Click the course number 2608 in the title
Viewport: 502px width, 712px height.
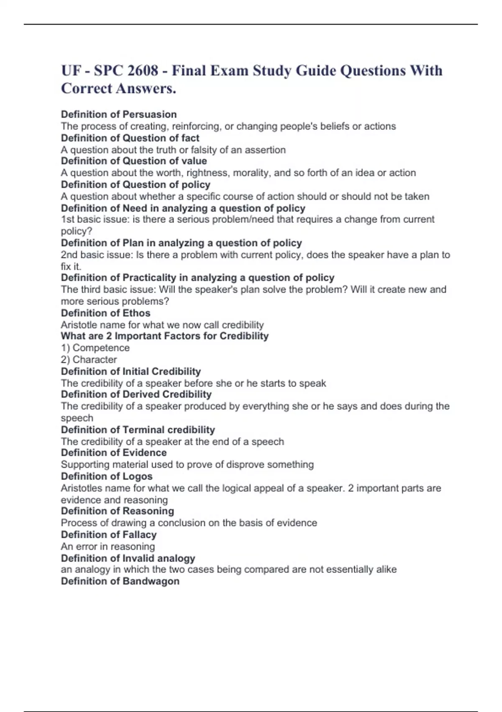(x=143, y=71)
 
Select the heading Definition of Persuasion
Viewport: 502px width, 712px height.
(x=119, y=114)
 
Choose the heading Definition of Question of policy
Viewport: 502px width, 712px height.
(x=136, y=185)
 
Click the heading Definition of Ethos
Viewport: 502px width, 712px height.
(x=105, y=313)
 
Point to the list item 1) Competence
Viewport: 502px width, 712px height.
(x=95, y=348)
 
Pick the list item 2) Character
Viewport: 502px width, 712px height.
(x=89, y=359)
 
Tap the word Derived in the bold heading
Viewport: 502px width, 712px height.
(x=141, y=394)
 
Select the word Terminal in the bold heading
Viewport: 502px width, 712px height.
(x=143, y=430)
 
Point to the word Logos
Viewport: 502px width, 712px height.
(x=137, y=476)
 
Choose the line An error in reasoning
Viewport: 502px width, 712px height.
(x=108, y=546)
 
